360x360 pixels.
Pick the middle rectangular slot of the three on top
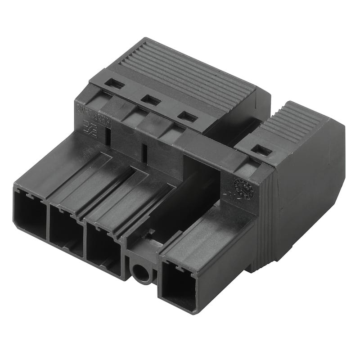(151, 100)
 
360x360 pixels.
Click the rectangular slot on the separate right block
(262, 150)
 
